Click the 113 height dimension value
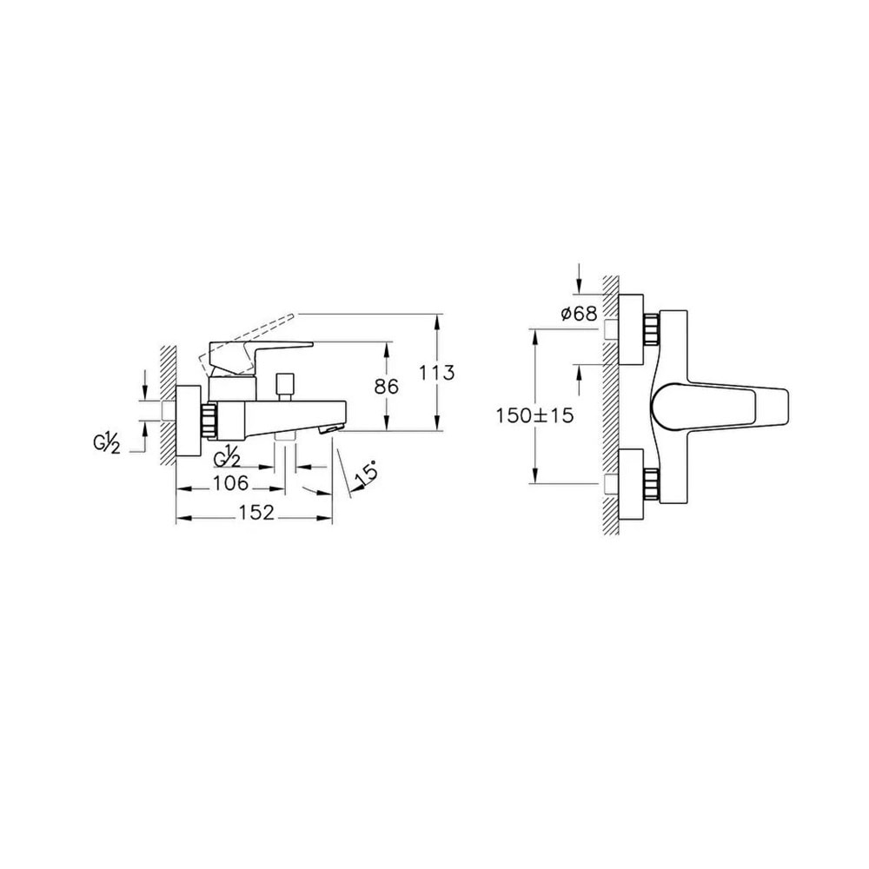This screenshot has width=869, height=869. tap(437, 373)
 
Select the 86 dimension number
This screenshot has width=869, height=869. tap(387, 387)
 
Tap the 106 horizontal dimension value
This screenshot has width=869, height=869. tap(231, 482)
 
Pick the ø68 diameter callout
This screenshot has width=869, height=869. tap(579, 314)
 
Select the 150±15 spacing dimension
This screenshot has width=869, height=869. tap(534, 415)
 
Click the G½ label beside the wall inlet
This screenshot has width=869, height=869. tap(106, 444)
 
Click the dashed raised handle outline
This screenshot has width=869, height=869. tap(249, 340)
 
